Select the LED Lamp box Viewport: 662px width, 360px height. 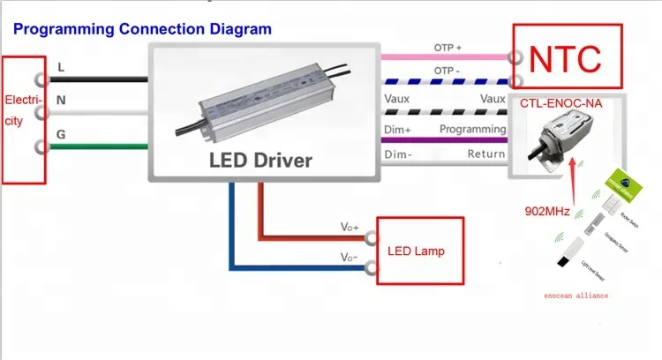coord(416,251)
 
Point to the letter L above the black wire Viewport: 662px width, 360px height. coord(60,67)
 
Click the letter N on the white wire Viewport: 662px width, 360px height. coord(61,101)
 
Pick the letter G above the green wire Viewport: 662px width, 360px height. coord(60,134)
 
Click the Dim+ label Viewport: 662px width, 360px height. coord(397,129)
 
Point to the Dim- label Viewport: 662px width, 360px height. coord(396,154)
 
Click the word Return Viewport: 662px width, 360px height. coord(486,154)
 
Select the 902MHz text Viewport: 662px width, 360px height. coord(547,212)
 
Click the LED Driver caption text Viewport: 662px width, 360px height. coord(260,160)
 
